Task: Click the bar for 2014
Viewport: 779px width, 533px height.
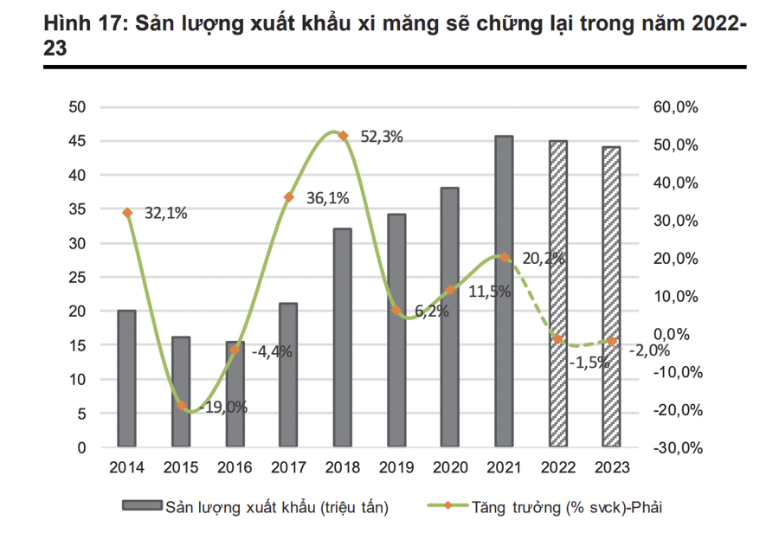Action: coord(126,379)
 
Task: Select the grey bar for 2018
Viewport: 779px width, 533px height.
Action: coord(343,338)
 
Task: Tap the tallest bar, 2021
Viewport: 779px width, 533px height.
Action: coord(504,292)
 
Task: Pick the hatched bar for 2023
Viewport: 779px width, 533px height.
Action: coord(611,297)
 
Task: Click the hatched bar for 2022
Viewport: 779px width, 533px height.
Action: coord(558,294)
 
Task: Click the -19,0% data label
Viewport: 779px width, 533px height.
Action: coord(223,407)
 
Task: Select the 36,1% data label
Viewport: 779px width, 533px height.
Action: coord(327,198)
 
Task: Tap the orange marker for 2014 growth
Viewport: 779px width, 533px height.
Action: coord(127,213)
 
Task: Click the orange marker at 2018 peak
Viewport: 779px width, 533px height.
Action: coord(344,136)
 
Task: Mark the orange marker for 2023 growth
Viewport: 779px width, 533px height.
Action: coord(612,342)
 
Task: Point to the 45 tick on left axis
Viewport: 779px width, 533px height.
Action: coord(79,141)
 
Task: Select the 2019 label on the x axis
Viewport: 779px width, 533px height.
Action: coord(396,468)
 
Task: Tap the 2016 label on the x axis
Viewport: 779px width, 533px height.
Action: coord(235,468)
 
